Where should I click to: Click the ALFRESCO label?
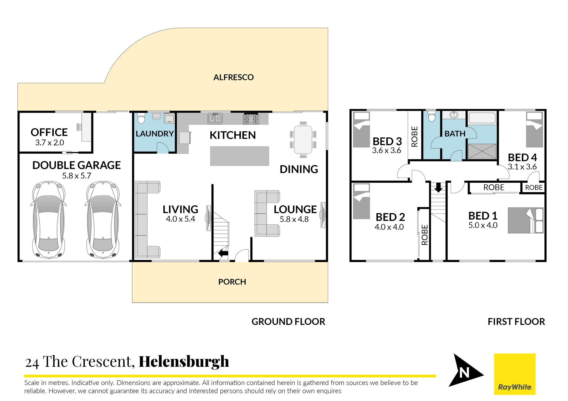233,77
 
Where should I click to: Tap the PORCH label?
232,282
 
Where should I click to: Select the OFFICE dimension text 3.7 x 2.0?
50,143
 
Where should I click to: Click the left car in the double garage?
48,220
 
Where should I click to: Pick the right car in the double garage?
103,220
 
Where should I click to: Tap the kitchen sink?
215,118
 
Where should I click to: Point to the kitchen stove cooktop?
251,119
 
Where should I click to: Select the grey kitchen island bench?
240,156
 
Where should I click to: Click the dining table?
303,139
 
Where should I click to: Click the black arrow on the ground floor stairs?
223,253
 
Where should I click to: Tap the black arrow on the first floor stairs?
438,187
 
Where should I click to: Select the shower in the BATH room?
482,151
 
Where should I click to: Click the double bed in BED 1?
526,220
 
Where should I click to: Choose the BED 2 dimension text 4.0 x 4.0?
389,227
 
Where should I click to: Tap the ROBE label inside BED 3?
415,137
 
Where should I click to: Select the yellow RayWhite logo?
515,374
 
